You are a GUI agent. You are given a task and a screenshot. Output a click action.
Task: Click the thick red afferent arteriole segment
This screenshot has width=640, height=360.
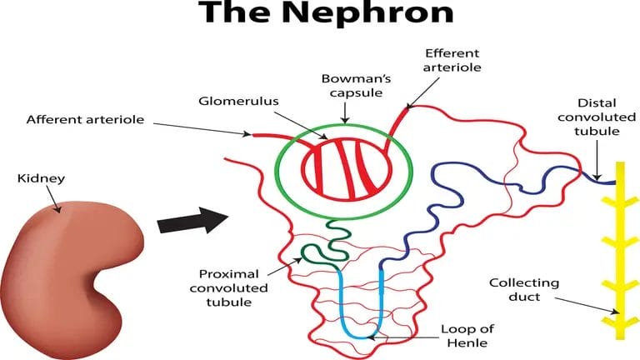pos(268,134)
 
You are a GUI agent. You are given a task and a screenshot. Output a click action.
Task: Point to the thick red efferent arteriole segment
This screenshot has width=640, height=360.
pos(398,121)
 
